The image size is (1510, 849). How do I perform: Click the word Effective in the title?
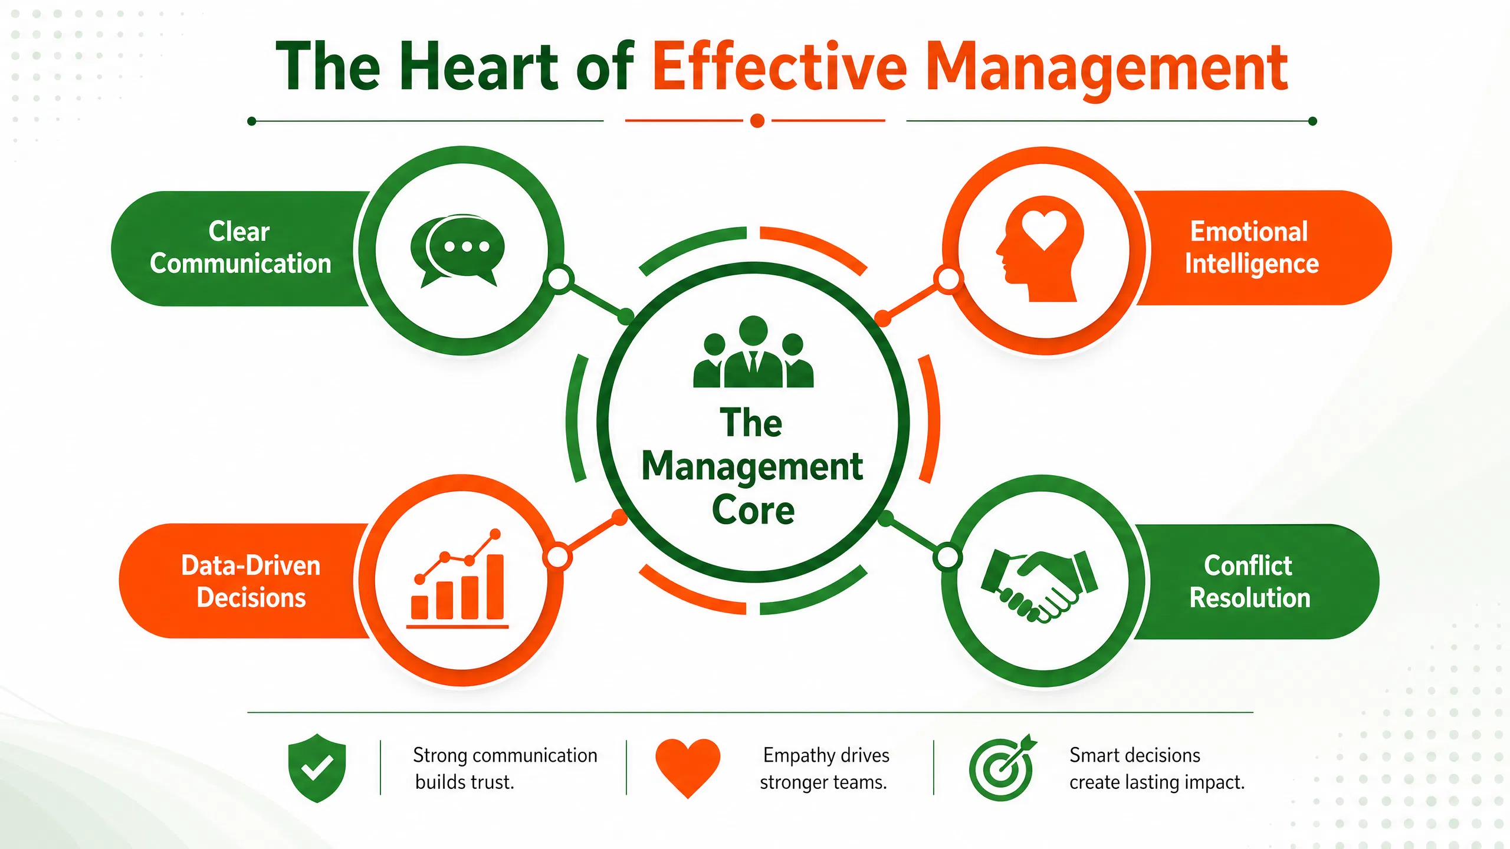[780, 66]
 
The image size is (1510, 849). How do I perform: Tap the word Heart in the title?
[478, 66]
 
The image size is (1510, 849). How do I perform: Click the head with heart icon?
[1040, 249]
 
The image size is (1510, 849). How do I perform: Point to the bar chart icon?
[458, 579]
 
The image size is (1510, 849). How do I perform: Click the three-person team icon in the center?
[753, 352]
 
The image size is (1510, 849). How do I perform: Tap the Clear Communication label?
[240, 248]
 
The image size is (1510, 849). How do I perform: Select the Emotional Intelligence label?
[1251, 248]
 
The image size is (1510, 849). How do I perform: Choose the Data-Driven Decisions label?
[251, 581]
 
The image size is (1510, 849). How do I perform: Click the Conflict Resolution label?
[1249, 581]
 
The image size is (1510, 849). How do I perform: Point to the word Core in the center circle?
[753, 511]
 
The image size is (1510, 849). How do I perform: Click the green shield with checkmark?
[317, 768]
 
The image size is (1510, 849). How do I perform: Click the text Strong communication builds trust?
[505, 769]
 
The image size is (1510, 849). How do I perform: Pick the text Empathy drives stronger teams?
[825, 769]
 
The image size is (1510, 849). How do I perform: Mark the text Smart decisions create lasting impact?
[1157, 769]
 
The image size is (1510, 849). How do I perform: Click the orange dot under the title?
[757, 121]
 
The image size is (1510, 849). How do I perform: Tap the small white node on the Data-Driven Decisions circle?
[557, 557]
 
